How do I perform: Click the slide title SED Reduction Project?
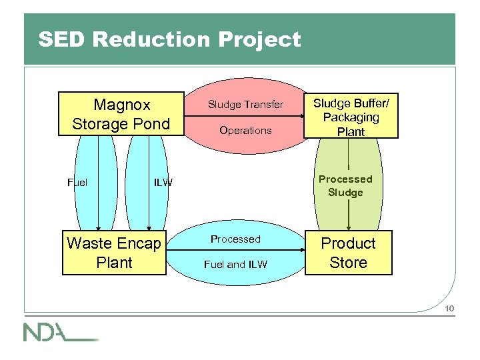pyautogui.click(x=169, y=40)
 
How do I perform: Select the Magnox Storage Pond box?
pyautogui.click(x=121, y=114)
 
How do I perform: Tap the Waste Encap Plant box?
pyautogui.click(x=114, y=253)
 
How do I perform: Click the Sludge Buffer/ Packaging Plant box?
pyautogui.click(x=351, y=116)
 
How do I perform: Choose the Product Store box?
pyautogui.click(x=349, y=253)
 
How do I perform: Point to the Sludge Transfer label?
pyautogui.click(x=245, y=105)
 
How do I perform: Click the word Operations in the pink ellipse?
pyautogui.click(x=245, y=131)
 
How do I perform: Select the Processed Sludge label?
pyautogui.click(x=345, y=185)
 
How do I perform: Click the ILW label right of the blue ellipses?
pyautogui.click(x=163, y=182)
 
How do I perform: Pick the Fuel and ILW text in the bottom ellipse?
pyautogui.click(x=235, y=265)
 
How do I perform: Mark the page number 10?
pyautogui.click(x=450, y=307)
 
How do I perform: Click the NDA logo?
pyautogui.click(x=60, y=331)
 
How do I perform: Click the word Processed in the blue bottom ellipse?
pyautogui.click(x=235, y=239)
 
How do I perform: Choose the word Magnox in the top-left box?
pyautogui.click(x=122, y=105)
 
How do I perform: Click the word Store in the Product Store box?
pyautogui.click(x=349, y=263)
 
